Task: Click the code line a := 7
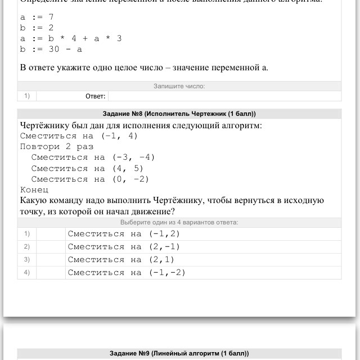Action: coord(37,17)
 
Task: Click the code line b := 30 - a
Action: coord(51,49)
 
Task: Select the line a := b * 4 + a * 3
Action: coord(71,38)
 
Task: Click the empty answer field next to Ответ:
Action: coord(224,96)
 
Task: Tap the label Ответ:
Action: coord(95,96)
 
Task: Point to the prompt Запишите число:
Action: coord(179,86)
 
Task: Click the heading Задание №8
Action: coord(179,113)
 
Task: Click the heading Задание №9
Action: coord(179,353)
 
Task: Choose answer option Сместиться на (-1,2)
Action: coord(124,233)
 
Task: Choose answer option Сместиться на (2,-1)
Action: coord(124,246)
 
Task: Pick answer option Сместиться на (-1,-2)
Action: coord(127,272)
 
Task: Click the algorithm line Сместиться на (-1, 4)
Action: coord(79,136)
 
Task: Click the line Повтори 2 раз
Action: coord(57,146)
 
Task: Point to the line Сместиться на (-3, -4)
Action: coord(93,157)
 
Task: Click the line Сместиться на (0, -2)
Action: coord(90,179)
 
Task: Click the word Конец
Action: coord(34,190)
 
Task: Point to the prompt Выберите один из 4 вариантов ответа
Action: coord(179,222)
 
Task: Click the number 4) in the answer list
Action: coord(26,272)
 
